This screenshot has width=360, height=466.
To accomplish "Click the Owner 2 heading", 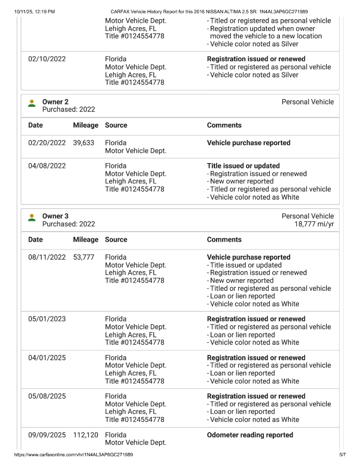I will click(x=55, y=102).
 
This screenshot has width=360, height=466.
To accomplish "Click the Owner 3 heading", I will click(x=55, y=216).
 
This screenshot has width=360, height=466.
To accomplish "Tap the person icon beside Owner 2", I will click(x=32, y=103).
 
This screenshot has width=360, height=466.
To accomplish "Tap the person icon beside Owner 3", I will click(x=32, y=217).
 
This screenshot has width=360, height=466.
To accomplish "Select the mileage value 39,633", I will click(x=83, y=143).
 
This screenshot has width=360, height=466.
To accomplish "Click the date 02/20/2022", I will click(x=47, y=143).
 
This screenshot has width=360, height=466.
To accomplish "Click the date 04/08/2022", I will click(x=47, y=166).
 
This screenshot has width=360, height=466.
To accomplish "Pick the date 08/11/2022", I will click(x=47, y=257).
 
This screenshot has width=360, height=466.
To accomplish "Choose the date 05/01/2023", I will click(x=47, y=319).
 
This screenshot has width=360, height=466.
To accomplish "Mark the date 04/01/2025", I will click(x=47, y=358).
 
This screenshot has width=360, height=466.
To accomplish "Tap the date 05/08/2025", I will click(x=47, y=396).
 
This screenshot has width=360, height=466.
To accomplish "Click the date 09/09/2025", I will click(x=47, y=435).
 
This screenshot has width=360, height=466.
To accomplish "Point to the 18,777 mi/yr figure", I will click(x=314, y=224).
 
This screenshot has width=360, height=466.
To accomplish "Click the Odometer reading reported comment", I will click(x=250, y=435).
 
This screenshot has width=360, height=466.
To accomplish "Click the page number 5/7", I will click(x=343, y=455).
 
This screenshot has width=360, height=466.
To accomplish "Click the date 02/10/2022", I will click(x=47, y=59).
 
